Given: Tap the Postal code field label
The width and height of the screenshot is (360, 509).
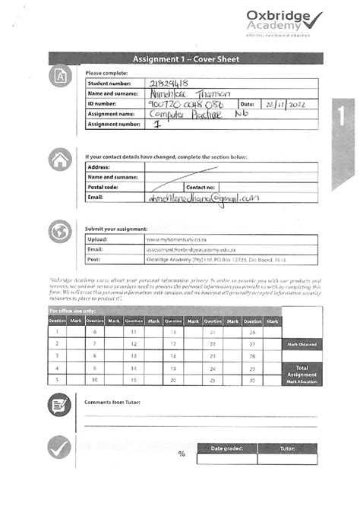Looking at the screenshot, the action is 103,186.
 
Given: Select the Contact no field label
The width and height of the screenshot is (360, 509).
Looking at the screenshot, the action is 201,186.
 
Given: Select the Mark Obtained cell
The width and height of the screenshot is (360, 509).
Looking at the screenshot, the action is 302,344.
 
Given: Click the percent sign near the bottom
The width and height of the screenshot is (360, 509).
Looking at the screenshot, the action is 182,454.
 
